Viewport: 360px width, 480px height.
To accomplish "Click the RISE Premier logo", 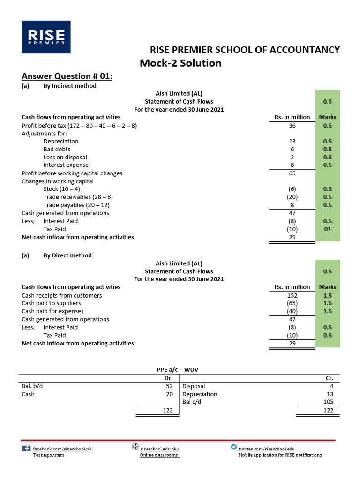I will coord(46,37).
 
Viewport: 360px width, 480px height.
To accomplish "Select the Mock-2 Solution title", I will coord(180,63).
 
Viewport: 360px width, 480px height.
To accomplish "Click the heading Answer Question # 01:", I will coord(67,76).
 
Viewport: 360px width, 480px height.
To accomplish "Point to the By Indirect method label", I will coord(70,86).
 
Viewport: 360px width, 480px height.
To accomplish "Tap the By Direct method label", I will coord(67,255).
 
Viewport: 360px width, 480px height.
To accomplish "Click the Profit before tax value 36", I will coord(292,126).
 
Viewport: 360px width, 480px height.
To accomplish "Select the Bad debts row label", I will coord(57,149).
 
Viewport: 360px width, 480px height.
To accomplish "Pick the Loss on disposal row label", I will coord(65,157).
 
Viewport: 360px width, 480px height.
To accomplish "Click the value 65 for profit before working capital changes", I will coord(292,173).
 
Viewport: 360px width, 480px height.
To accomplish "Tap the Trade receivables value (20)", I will coord(292,197).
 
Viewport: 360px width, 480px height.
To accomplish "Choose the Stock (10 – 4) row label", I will coord(62,189).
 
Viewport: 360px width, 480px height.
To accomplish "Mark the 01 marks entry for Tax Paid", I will coord(327,229).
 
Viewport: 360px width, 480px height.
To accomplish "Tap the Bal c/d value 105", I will coord(328,402).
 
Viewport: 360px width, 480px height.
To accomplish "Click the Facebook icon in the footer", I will coord(26,448).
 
